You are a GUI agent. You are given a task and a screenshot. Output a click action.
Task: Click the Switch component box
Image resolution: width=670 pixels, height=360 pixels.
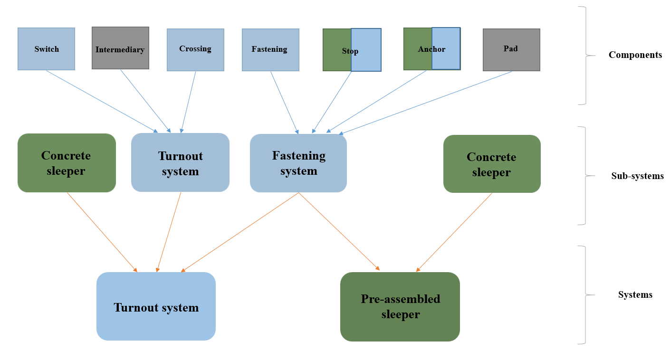(x=46, y=49)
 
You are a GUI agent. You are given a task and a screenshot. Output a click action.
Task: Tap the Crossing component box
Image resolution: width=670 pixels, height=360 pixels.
(x=195, y=49)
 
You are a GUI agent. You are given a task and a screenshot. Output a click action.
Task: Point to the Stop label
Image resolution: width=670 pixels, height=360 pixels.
(x=350, y=51)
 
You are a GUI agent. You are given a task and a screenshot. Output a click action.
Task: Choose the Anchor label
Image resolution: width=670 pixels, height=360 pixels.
(x=431, y=49)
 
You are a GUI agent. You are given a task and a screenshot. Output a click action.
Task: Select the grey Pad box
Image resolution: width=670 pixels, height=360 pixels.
(x=511, y=49)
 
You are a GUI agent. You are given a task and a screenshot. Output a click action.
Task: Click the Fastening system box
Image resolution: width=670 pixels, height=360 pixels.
(x=298, y=163)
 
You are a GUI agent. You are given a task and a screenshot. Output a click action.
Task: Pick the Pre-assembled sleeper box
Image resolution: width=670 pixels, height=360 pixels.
(x=400, y=306)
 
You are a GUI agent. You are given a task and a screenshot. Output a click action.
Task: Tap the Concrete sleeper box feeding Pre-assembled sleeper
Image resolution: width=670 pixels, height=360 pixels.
(x=492, y=164)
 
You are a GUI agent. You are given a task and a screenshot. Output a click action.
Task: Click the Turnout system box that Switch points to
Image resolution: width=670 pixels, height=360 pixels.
(x=180, y=163)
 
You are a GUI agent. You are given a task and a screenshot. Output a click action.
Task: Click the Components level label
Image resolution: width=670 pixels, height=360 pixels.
(x=635, y=55)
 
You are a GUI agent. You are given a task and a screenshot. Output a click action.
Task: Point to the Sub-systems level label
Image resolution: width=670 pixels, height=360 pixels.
(x=637, y=176)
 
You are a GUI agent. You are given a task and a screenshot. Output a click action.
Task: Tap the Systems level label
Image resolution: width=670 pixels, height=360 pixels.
(x=635, y=295)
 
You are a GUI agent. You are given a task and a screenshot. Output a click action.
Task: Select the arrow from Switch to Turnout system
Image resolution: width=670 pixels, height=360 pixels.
(x=102, y=101)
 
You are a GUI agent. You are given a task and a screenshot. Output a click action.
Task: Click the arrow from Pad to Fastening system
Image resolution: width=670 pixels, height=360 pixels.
(x=425, y=103)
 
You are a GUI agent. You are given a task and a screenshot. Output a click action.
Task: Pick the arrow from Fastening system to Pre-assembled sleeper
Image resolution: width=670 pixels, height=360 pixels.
(x=339, y=231)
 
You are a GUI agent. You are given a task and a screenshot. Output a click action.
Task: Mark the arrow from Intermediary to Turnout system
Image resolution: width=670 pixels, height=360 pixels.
(x=145, y=101)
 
